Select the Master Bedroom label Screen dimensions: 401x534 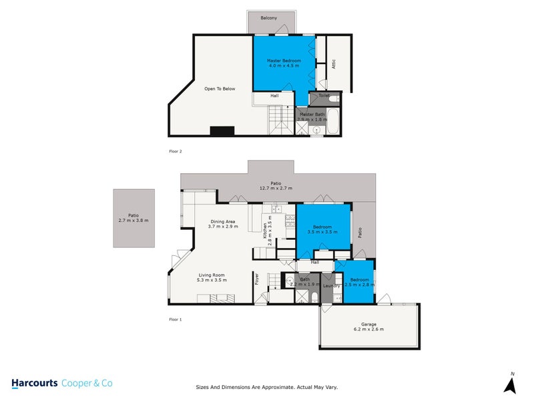pyautogui.click(x=284, y=61)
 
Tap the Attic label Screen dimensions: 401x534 pyautogui.click(x=333, y=64)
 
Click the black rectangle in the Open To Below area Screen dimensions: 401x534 pyautogui.click(x=221, y=131)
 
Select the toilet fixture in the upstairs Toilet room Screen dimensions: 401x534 pyautogui.click(x=334, y=98)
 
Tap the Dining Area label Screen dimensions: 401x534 pyautogui.click(x=222, y=221)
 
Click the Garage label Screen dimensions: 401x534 pyautogui.click(x=368, y=325)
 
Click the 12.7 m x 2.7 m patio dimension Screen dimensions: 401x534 pyautogui.click(x=276, y=188)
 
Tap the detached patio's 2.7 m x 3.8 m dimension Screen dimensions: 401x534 pyautogui.click(x=133, y=221)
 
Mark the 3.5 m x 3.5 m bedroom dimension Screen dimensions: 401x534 pyautogui.click(x=324, y=232)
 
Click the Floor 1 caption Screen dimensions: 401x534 pyautogui.click(x=176, y=319)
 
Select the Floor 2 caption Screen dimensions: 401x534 pyautogui.click(x=176, y=152)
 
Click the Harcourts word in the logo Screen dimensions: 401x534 pyautogui.click(x=35, y=384)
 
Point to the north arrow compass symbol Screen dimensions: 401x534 pyautogui.click(x=511, y=385)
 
